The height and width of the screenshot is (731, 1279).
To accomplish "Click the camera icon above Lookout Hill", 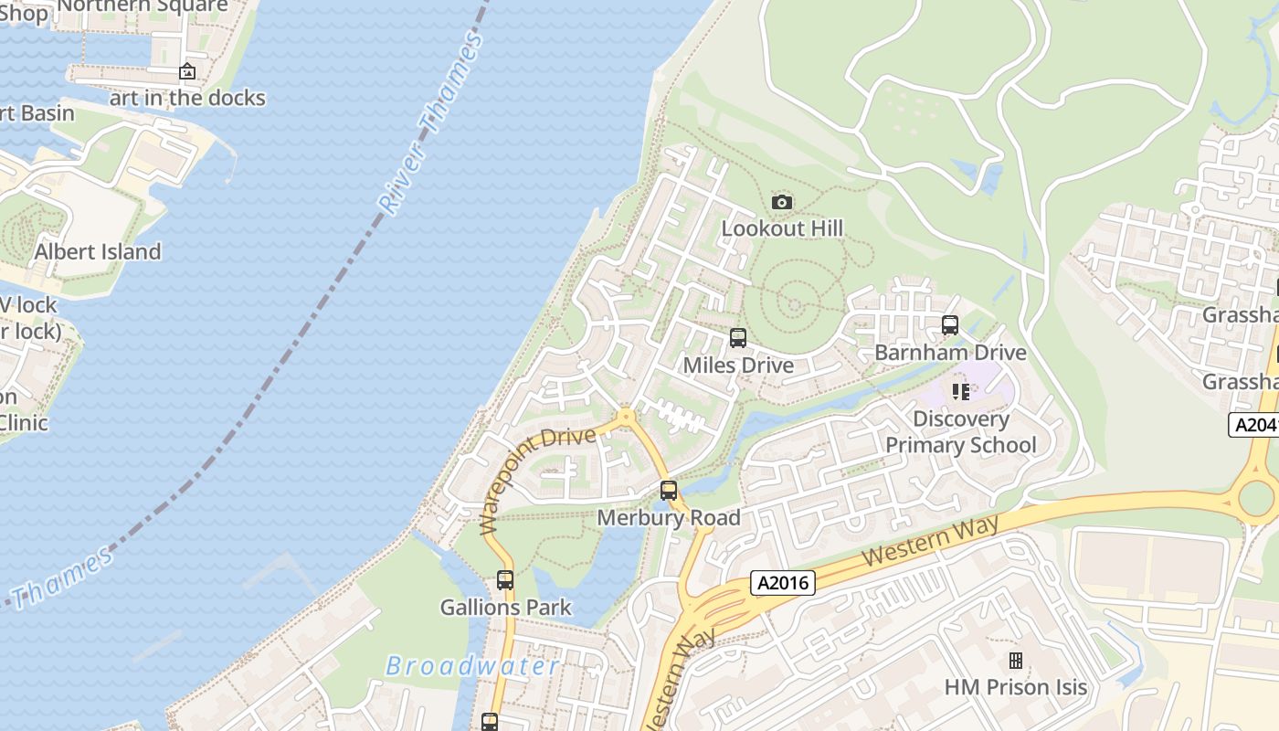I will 782,202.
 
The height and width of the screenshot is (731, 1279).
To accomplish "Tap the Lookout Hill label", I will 782,228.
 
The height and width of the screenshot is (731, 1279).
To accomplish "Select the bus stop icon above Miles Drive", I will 738,338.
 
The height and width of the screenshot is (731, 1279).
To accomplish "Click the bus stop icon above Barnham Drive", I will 950,325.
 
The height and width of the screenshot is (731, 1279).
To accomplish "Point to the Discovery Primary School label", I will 961,432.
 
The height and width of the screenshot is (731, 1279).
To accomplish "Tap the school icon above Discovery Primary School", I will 960,392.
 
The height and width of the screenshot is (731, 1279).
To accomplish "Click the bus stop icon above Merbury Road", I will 669,491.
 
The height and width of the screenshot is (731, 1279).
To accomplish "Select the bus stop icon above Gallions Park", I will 505,579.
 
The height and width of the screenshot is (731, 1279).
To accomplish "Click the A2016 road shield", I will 783,582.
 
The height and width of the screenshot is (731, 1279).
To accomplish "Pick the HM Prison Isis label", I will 1016,687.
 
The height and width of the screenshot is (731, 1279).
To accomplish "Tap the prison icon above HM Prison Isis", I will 1015,660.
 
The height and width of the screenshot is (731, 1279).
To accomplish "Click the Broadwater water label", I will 472,666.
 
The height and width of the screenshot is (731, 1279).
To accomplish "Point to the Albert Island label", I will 98,251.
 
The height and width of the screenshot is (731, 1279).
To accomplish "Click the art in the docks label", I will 187,98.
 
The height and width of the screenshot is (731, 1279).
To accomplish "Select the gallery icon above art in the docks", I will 187,71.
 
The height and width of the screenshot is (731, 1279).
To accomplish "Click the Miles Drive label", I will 738,365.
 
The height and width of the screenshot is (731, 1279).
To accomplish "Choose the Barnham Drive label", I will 950,353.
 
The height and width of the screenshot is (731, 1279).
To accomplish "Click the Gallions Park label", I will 505,607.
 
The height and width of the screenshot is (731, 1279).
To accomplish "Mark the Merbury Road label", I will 669,518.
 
